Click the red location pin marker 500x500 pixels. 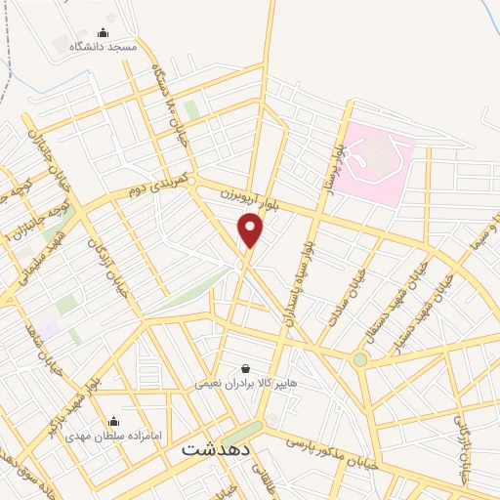[251, 230]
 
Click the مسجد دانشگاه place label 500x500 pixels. [104, 47]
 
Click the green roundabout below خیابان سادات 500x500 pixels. [360, 359]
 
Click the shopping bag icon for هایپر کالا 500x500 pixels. [244, 369]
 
